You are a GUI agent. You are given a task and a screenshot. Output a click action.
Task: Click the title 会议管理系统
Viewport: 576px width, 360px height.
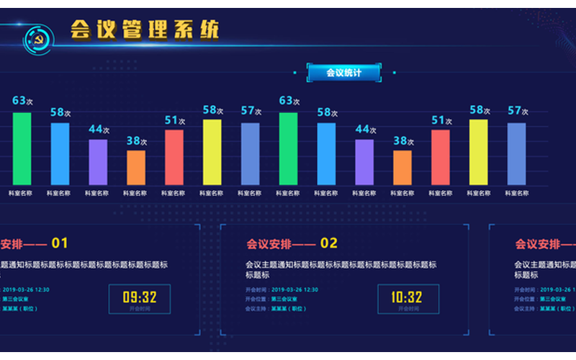pyautogui.click(x=144, y=30)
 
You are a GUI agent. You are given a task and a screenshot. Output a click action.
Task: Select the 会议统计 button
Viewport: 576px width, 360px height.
pyautogui.click(x=343, y=73)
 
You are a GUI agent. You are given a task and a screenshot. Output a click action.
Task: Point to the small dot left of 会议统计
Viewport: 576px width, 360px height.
pyautogui.click(x=295, y=72)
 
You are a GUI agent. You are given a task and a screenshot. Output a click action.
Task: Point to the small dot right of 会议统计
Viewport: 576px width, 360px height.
pyautogui.click(x=394, y=72)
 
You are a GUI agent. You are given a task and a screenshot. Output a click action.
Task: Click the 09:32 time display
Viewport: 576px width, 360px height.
pyautogui.click(x=139, y=297)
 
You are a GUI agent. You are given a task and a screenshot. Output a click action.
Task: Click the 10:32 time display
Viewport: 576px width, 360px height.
pyautogui.click(x=407, y=297)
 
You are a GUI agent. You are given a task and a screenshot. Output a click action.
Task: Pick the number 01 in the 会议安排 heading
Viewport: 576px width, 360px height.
pyautogui.click(x=60, y=243)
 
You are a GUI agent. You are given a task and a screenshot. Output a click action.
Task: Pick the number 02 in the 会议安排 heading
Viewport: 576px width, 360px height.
pyautogui.click(x=329, y=243)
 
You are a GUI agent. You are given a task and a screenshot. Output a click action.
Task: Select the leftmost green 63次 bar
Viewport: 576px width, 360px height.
pyautogui.click(x=22, y=148)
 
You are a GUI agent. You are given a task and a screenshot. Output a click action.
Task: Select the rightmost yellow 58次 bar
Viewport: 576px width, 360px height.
pyautogui.click(x=478, y=152)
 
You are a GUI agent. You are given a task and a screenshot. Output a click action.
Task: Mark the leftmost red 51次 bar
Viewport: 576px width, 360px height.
pyautogui.click(x=174, y=157)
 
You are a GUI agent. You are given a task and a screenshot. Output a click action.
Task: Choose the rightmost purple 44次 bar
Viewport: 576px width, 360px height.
pyautogui.click(x=364, y=162)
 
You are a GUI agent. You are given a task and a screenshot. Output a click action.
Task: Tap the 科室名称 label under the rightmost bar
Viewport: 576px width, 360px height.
pyautogui.click(x=516, y=193)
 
